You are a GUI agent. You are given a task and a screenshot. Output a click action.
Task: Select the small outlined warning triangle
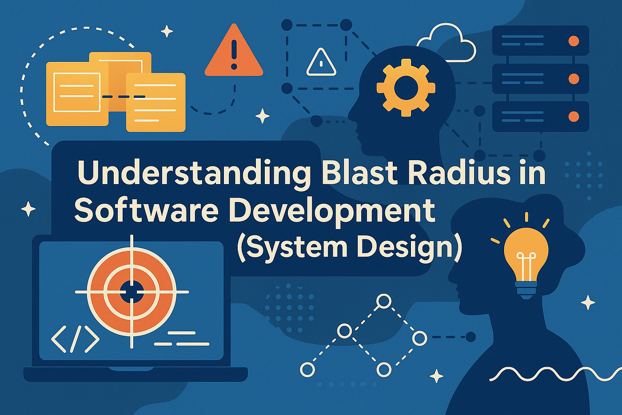coord(321,63)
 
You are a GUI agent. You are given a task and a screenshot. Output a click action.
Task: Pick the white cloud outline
coord(447,42)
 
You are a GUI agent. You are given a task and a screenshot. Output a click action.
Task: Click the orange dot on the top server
coord(574,41)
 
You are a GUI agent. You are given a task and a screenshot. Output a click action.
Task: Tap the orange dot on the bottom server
coord(574,117)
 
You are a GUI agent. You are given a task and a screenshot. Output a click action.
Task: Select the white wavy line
coord(555,374)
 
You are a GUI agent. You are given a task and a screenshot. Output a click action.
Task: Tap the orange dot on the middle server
coord(574,79)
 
